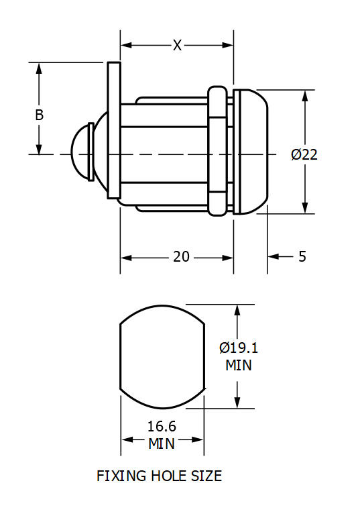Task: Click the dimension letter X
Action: (177, 45)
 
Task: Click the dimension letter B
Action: (40, 115)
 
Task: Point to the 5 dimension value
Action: (302, 257)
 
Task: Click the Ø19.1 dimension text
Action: (239, 348)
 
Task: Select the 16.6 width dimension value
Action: (161, 425)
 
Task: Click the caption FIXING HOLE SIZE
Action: (159, 476)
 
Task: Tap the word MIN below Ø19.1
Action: (238, 366)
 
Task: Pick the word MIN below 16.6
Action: (161, 444)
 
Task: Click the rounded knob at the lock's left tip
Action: (81, 154)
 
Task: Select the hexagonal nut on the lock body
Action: (217, 152)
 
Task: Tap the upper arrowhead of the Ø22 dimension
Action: (305, 96)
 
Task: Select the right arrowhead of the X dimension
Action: (228, 46)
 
